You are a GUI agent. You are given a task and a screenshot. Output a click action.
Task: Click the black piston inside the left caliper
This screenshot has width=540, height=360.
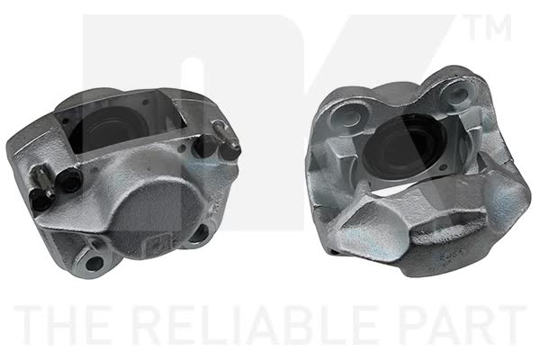pyautogui.click(x=103, y=130)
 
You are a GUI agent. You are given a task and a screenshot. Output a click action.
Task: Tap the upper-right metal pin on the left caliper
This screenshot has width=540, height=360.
pyautogui.click(x=226, y=135)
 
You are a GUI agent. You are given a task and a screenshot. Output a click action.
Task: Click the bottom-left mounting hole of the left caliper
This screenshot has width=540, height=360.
pyautogui.click(x=94, y=264)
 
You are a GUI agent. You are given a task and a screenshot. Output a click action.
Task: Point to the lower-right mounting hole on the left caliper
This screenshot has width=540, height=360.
pyautogui.click(x=201, y=234)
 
